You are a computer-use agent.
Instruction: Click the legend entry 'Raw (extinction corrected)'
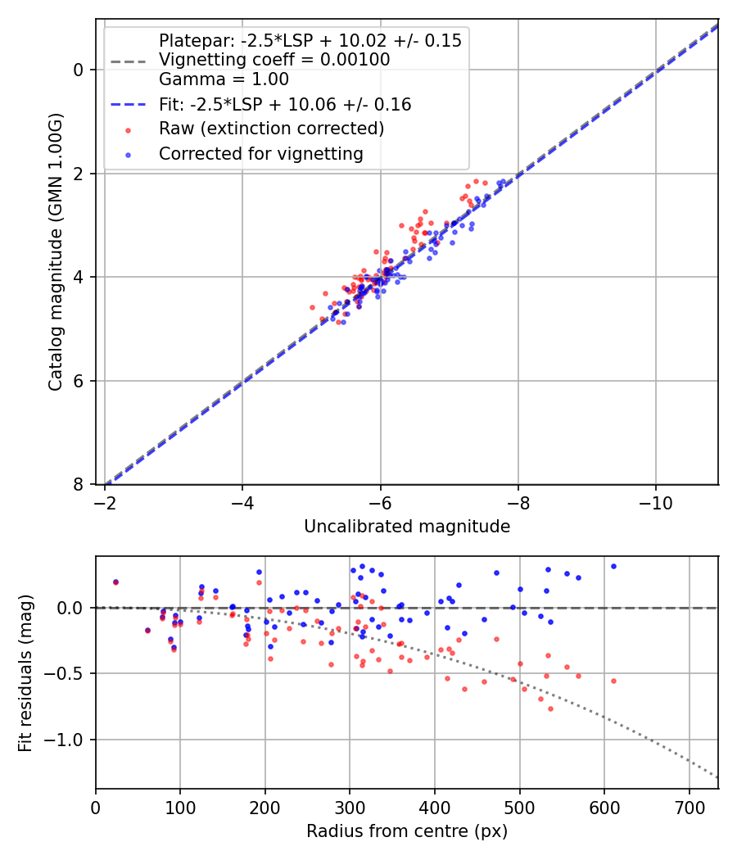271,129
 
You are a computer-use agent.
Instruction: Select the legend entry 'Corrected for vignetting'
260,153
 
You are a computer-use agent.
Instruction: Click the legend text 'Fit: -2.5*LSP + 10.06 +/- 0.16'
284,105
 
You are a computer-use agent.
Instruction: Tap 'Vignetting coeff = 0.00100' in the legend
274,60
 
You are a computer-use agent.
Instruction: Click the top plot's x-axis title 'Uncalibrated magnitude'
407,527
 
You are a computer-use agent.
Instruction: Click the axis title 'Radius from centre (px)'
407,831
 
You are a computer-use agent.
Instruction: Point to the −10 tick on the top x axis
655,500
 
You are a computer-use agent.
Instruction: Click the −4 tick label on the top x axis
242,500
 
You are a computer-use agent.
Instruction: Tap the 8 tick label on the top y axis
79,485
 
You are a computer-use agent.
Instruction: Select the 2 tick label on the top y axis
79,174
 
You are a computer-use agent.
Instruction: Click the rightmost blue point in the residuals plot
613,566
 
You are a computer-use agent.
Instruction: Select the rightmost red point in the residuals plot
613,681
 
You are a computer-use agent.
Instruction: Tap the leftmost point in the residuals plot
115,582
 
